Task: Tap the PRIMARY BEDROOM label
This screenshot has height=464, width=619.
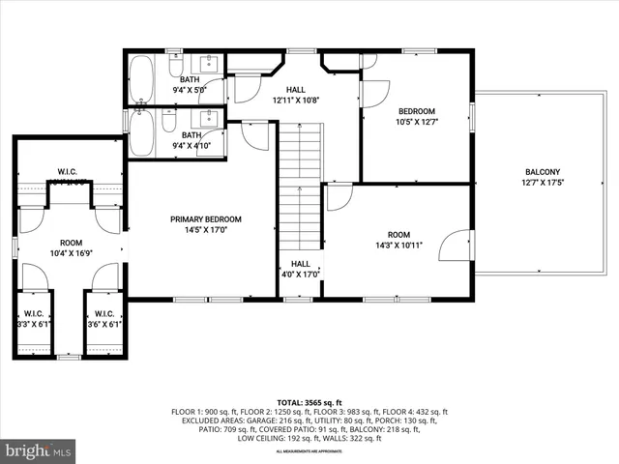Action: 206,219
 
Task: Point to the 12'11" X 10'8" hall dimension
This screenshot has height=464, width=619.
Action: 295,100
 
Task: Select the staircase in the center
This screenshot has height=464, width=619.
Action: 300,159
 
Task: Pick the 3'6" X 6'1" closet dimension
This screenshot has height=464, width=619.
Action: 105,325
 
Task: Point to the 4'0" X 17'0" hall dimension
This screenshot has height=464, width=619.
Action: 301,275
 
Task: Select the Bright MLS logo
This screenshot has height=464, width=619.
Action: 39,451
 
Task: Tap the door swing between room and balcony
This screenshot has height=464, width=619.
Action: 461,244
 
